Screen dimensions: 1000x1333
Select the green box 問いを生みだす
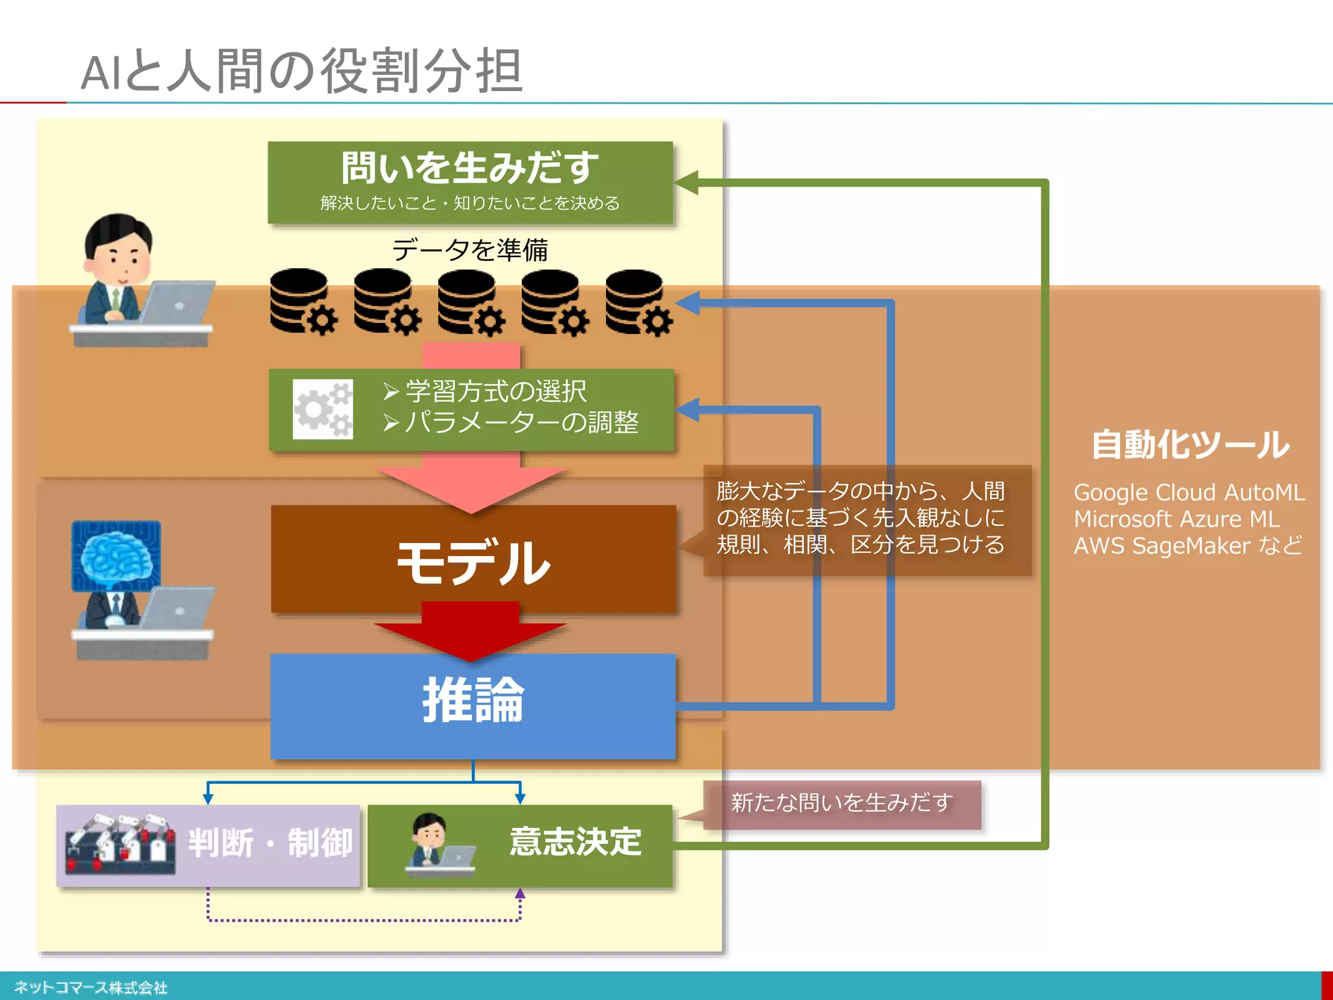470,182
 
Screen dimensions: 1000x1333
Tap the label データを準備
470,250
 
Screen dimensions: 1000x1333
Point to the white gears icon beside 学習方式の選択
323,409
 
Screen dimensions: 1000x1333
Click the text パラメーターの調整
521,423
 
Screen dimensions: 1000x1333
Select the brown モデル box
473,560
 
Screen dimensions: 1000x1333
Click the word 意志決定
575,842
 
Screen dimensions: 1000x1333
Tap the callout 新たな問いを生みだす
842,803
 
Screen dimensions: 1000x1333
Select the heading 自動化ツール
1190,445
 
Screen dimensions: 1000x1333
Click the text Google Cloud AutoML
1189,493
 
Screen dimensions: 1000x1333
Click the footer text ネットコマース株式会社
91,988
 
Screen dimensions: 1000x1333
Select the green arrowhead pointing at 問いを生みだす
687,183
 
